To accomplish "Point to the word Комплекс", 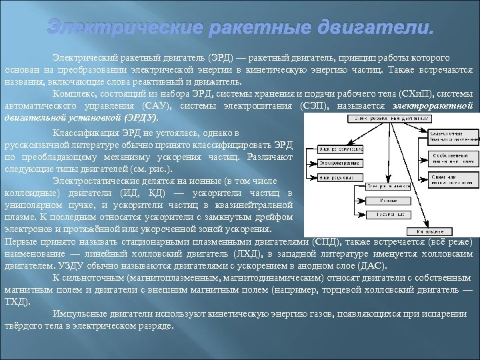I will pyautogui.click(x=73, y=94).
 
